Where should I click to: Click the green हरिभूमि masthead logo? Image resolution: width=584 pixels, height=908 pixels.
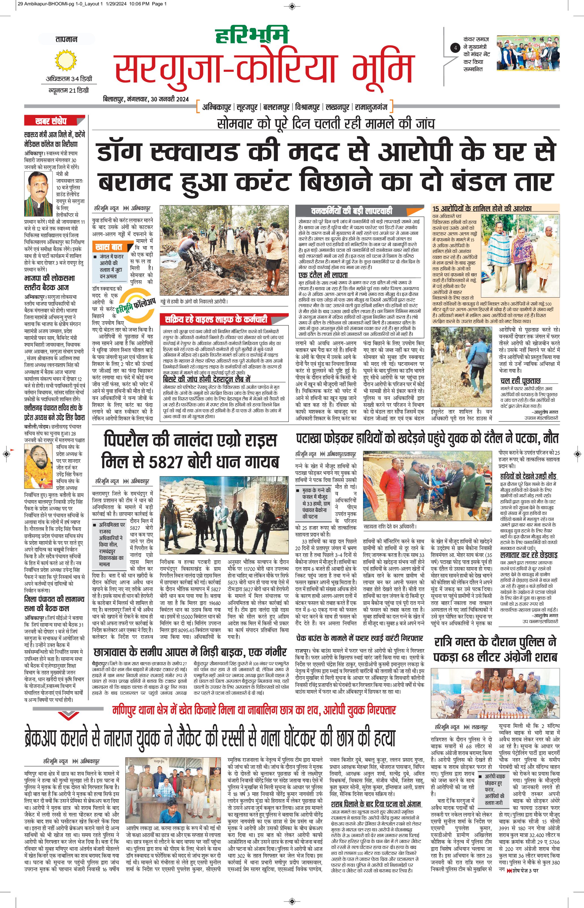pyautogui.click(x=252, y=35)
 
